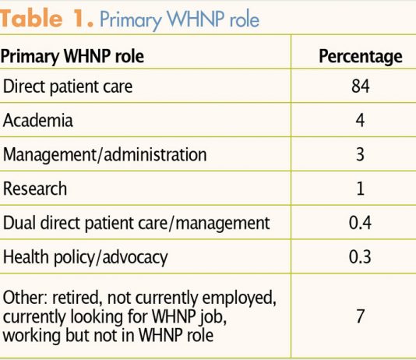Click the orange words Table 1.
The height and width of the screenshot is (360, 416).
(47, 18)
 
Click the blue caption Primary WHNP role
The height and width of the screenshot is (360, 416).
(180, 20)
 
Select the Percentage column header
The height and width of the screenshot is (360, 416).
(361, 57)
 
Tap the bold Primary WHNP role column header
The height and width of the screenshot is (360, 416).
(72, 56)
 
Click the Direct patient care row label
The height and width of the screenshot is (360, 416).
(68, 86)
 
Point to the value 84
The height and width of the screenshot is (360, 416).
(360, 86)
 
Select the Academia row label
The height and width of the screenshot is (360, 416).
(38, 121)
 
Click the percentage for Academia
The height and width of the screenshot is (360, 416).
(360, 121)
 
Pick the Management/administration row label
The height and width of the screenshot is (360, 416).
(105, 154)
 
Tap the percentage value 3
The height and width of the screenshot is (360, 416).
(360, 154)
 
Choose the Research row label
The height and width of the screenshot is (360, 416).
(35, 189)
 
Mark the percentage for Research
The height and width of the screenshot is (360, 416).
(360, 189)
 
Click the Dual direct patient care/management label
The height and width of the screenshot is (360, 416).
(136, 223)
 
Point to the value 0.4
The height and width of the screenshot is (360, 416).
(360, 223)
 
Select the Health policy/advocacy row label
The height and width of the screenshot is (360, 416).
(86, 257)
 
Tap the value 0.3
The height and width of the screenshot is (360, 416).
(360, 257)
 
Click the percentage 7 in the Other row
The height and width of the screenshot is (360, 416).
(360, 316)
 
